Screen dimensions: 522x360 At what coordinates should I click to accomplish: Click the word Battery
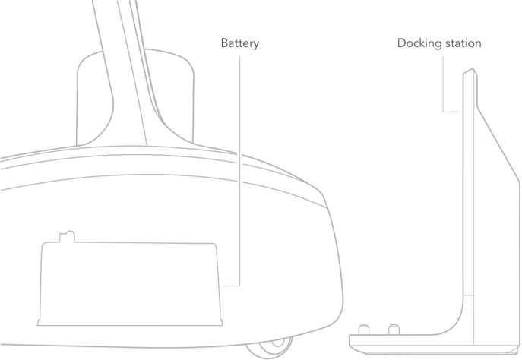pos(239,43)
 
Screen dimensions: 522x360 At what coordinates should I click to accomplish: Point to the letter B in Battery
pos(225,43)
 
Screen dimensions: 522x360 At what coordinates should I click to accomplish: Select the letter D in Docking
pos(402,43)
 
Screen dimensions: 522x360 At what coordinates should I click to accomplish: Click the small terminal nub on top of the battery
pos(68,236)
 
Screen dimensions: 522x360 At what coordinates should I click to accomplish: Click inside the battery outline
pos(130,283)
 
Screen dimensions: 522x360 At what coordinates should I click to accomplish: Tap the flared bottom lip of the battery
pos(130,322)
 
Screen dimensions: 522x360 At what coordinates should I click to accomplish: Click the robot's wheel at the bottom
pos(269,348)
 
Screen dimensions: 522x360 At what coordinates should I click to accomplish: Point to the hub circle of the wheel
pos(277,343)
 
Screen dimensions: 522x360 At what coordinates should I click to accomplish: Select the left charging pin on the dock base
pos(363,330)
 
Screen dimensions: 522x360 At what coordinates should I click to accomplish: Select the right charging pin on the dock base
pos(394,330)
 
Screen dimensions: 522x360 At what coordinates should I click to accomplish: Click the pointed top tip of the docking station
pos(473,69)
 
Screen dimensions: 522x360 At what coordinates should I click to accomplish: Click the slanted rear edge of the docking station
pos(498,144)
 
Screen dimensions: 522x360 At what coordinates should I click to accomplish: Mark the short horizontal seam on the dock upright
pos(468,295)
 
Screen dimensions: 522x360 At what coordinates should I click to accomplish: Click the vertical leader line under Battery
pos(239,171)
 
